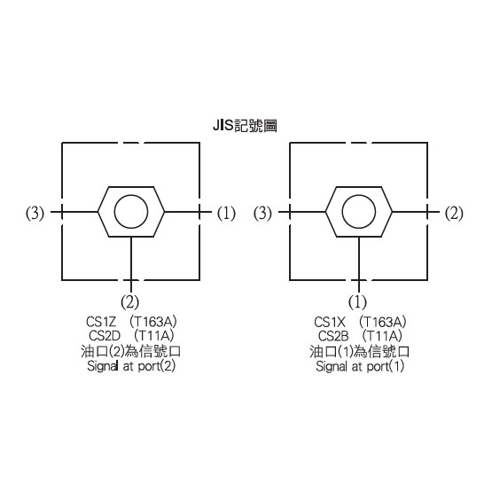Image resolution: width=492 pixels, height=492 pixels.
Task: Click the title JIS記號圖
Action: click(245, 126)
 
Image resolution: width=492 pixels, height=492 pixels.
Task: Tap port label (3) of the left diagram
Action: click(35, 214)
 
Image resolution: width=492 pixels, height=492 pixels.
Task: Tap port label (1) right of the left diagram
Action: click(226, 214)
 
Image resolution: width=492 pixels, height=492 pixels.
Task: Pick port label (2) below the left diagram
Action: click(129, 302)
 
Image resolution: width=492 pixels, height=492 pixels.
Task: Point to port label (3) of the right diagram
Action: click(262, 214)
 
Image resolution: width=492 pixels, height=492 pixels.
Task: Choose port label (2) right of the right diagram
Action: click(454, 214)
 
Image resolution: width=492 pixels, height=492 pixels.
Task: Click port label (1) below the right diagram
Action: click(357, 302)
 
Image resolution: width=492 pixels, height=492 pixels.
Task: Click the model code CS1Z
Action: click(101, 322)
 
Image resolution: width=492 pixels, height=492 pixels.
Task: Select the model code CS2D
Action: click(105, 336)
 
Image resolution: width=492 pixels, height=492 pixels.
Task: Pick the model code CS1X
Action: click(330, 322)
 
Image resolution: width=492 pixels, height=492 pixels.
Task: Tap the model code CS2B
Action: click(333, 336)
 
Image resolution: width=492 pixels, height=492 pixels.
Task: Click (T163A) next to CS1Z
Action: click(153, 322)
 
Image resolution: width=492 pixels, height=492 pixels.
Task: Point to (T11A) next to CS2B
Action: click(382, 336)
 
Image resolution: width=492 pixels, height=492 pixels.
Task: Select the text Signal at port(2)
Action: click(131, 366)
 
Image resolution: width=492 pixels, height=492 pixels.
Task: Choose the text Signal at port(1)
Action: click(360, 366)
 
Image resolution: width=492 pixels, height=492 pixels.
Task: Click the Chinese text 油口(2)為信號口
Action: click(131, 351)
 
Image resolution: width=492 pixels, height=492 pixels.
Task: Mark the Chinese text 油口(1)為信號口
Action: click(360, 351)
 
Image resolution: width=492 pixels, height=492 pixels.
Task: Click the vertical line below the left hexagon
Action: click(131, 264)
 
